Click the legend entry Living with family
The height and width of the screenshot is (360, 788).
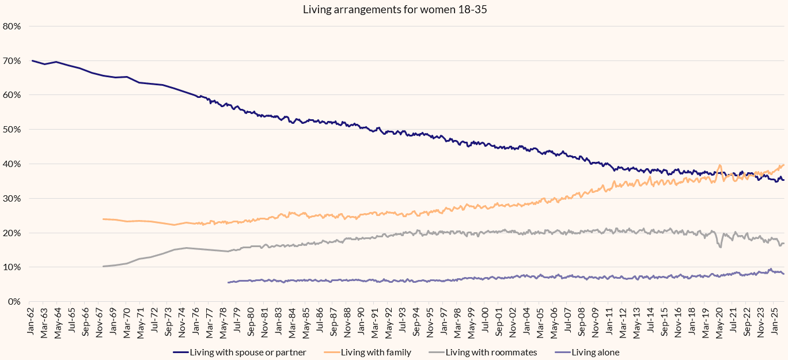pyautogui.click(x=376, y=352)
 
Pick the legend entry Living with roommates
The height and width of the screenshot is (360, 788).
pyautogui.click(x=491, y=352)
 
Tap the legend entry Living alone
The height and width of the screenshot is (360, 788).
pyautogui.click(x=596, y=352)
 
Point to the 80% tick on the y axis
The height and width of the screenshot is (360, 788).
pyautogui.click(x=12, y=26)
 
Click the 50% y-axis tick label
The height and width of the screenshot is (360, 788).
pyautogui.click(x=12, y=130)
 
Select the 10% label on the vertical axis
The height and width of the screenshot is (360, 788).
pyautogui.click(x=12, y=267)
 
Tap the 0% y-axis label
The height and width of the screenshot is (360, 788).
pyautogui.click(x=14, y=302)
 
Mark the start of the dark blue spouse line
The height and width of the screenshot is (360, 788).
pyautogui.click(x=32, y=60)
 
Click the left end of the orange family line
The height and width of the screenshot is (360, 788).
pyautogui.click(x=103, y=219)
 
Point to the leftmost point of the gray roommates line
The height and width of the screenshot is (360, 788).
pyautogui.click(x=103, y=266)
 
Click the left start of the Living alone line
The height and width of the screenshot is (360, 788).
pyautogui.click(x=228, y=282)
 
